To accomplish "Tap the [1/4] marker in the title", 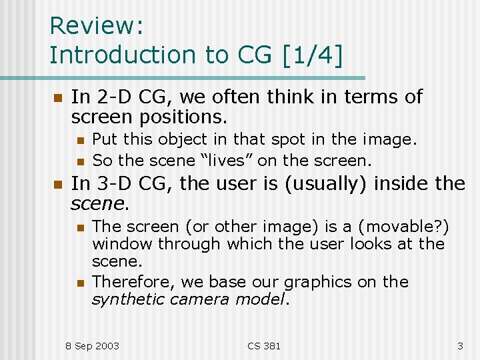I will [311, 55].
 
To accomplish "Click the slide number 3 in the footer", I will [459, 345].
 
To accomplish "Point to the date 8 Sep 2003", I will [92, 345].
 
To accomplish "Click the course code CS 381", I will [264, 345].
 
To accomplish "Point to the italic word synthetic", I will [127, 299].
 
